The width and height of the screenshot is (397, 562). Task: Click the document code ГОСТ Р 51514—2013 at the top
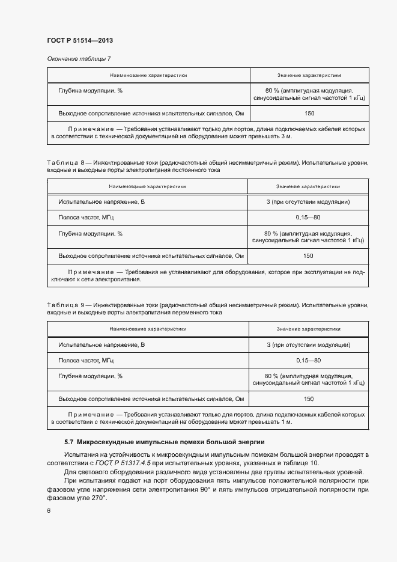[x=80, y=41]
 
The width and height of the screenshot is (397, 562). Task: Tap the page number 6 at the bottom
[x=49, y=511]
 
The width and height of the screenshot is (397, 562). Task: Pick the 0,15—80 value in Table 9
[x=308, y=360]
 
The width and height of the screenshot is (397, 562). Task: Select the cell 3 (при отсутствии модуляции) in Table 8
[x=308, y=202]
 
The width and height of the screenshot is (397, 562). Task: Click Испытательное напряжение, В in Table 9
[x=102, y=345]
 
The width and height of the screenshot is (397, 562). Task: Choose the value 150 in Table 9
[x=308, y=399]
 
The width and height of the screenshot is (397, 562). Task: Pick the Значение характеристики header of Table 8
[x=308, y=186]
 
